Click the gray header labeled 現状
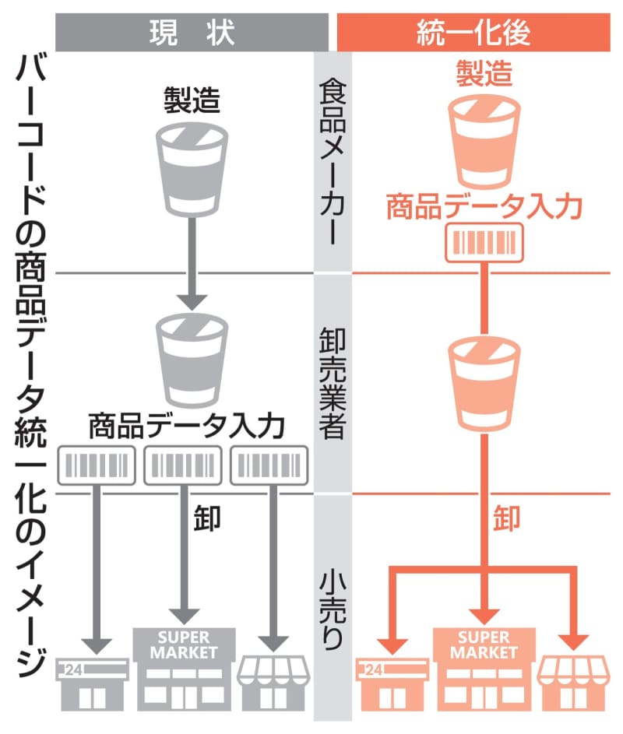tap(191, 32)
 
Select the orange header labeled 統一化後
tap(473, 32)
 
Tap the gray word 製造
tap(191, 100)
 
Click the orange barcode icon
tap(484, 243)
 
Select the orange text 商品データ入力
tap(484, 206)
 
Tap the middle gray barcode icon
tap(183, 465)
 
